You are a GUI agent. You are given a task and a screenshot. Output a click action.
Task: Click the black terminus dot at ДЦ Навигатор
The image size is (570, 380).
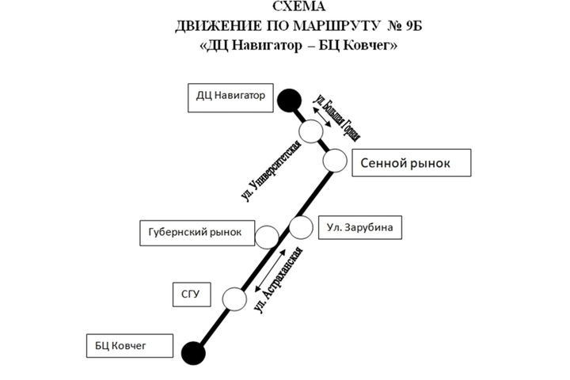(x=290, y=100)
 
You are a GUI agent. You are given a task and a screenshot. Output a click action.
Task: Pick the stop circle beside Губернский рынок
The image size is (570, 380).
(x=267, y=236)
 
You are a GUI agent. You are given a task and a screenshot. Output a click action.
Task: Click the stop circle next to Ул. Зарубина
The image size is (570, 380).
(x=301, y=228)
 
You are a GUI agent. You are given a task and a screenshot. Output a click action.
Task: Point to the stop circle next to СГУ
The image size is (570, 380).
(x=234, y=299)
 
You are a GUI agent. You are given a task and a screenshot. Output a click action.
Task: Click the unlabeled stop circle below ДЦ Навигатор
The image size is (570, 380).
(x=310, y=131)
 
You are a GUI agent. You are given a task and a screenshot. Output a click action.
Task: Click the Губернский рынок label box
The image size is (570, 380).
(x=199, y=234)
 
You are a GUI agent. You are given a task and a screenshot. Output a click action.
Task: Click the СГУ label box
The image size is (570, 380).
(x=191, y=296)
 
